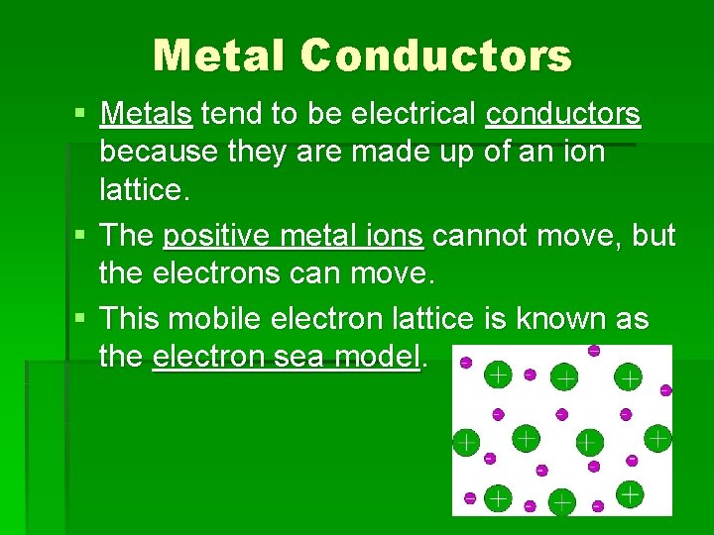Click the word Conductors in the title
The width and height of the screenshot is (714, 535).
[436, 55]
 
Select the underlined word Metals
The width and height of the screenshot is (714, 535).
[146, 115]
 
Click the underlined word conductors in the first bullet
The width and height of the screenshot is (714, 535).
[563, 115]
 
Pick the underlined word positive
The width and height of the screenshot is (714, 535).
[209, 237]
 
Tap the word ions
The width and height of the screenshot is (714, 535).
[397, 237]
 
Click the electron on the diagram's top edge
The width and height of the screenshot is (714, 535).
[593, 350]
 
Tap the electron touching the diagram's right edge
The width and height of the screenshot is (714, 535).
[665, 390]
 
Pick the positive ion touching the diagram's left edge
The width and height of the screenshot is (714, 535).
[464, 442]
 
